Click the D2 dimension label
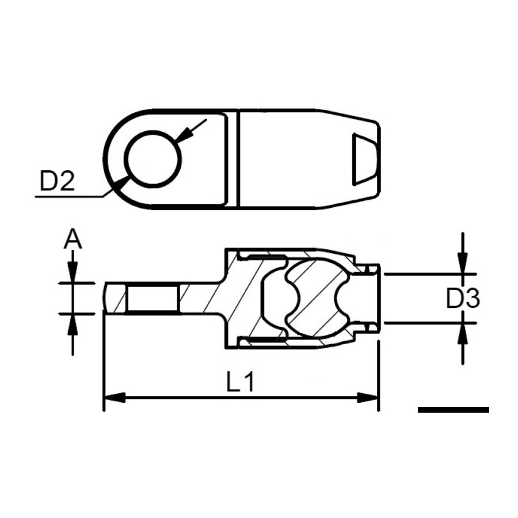(x=57, y=181)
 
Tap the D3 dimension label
(x=463, y=299)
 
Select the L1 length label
(x=241, y=382)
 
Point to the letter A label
(x=73, y=239)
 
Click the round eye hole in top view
(x=153, y=159)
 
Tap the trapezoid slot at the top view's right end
(x=365, y=159)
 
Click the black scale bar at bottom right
(x=454, y=410)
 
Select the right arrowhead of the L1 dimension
(x=367, y=397)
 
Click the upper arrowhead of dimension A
(x=73, y=273)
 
